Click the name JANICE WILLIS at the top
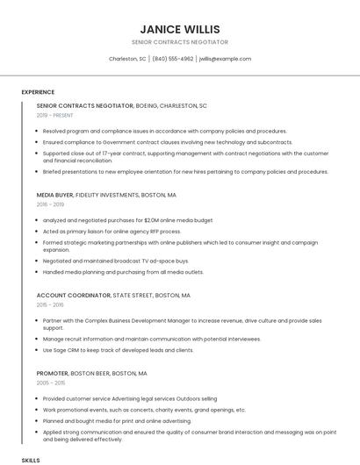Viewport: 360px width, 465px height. (179, 29)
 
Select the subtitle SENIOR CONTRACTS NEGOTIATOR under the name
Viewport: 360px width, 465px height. (179, 42)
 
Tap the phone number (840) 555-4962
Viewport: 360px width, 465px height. (172, 59)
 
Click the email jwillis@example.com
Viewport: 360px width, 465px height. (225, 59)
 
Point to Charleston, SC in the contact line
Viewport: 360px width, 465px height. (127, 59)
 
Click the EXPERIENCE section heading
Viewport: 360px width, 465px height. (38, 92)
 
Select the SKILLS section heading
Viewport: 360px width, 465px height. (31, 460)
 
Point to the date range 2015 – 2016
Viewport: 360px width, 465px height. (51, 305)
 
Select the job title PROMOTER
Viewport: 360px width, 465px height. (52, 373)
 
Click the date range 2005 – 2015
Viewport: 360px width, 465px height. (51, 383)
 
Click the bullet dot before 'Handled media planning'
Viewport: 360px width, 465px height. (39, 272)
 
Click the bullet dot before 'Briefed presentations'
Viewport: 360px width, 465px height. (39, 172)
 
